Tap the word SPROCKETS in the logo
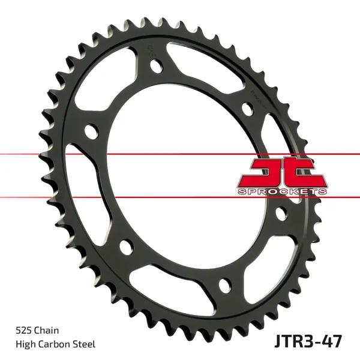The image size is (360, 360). [282, 191]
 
